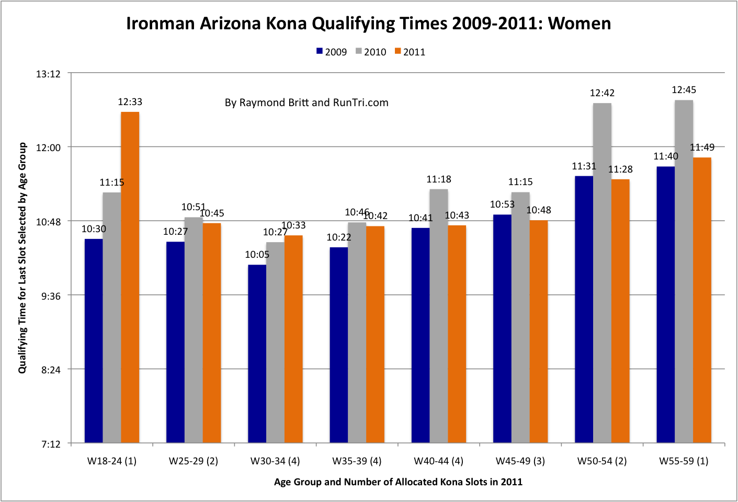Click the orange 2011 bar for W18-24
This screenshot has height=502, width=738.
click(x=130, y=277)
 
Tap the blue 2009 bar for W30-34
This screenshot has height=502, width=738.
click(x=257, y=354)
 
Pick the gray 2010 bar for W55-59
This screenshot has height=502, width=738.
click(x=684, y=271)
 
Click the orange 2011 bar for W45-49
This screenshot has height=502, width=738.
click(x=539, y=332)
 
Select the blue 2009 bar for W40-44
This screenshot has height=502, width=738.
click(x=421, y=335)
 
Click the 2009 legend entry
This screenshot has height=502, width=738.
click(x=332, y=52)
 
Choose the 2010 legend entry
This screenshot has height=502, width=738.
click(x=371, y=52)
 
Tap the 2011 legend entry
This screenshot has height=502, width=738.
click(x=410, y=52)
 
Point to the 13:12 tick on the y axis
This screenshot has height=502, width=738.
click(x=48, y=74)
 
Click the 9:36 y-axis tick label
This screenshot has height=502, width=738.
click(x=51, y=296)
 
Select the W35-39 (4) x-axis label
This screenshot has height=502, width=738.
click(x=357, y=461)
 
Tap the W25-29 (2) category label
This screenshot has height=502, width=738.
click(x=194, y=461)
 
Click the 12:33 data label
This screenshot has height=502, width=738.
click(x=130, y=102)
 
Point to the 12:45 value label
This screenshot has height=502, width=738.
click(x=684, y=90)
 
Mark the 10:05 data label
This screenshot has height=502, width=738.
click(x=257, y=255)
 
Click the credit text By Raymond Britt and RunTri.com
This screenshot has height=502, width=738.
click(x=306, y=102)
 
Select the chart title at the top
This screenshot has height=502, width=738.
click(x=368, y=24)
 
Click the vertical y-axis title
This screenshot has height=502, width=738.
click(x=22, y=258)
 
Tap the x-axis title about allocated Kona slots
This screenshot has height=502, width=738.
click(x=398, y=482)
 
